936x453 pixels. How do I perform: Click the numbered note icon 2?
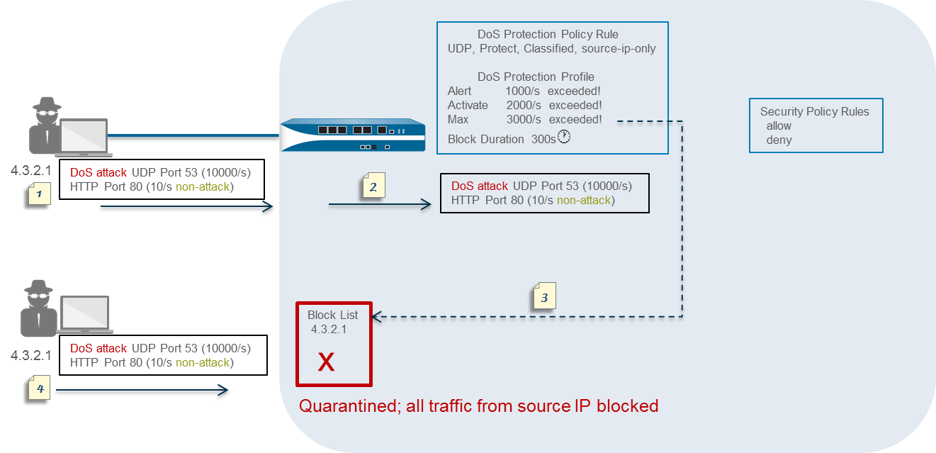(x=373, y=186)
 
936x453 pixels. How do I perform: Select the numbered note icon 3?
(x=543, y=296)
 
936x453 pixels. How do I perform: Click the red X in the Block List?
(x=326, y=362)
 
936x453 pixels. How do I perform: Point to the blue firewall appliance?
(x=353, y=135)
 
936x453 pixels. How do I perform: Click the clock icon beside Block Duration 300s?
(x=564, y=137)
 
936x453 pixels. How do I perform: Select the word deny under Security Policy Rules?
(x=779, y=140)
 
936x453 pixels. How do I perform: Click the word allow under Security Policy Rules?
(x=779, y=125)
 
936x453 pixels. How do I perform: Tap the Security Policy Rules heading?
(x=814, y=111)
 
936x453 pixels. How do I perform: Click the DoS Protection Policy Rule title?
(x=547, y=34)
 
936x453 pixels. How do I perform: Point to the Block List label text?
(x=332, y=315)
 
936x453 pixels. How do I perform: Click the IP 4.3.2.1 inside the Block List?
(x=329, y=329)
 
